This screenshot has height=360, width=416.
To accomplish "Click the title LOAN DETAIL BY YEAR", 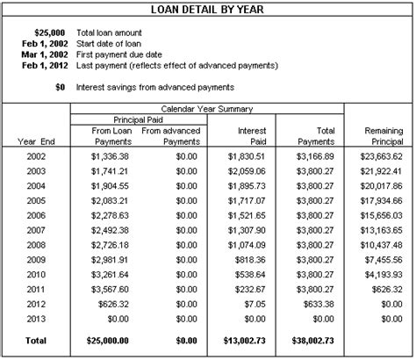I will tap(207, 11).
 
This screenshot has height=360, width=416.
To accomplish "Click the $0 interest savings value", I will tap(61, 87).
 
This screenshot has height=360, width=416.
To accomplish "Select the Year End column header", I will tap(36, 141).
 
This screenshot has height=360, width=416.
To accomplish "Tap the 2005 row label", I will tap(35, 201).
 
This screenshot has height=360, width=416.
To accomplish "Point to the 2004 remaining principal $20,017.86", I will tap(377, 186).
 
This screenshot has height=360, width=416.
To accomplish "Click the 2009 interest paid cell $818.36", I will tap(249, 261).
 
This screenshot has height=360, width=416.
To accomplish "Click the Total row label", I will tap(35, 338).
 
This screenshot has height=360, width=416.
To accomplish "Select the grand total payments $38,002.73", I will tap(312, 338).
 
